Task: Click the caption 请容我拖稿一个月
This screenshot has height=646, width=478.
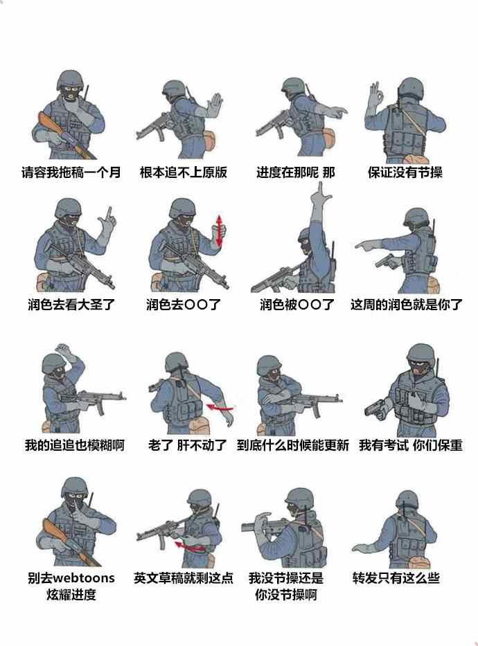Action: [71, 172]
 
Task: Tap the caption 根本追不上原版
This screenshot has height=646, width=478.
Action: [184, 172]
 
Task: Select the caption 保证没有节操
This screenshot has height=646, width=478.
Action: [405, 172]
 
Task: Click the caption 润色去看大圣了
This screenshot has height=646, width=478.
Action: [71, 305]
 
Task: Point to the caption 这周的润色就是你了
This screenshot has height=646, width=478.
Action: [407, 305]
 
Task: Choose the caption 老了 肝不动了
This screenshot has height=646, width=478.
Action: [188, 445]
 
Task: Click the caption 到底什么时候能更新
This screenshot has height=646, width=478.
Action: [293, 445]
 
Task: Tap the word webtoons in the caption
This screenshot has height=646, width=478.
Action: [84, 577]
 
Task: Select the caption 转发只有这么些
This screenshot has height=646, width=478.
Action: [396, 577]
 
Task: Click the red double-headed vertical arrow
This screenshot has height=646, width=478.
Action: [220, 231]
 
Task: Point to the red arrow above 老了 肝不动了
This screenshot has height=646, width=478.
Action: [220, 407]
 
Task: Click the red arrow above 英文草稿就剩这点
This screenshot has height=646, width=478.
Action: [190, 547]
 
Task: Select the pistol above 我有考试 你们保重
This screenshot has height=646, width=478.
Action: [375, 408]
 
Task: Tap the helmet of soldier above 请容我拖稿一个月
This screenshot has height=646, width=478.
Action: [71, 79]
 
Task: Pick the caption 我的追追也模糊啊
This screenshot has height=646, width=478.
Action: [75, 445]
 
